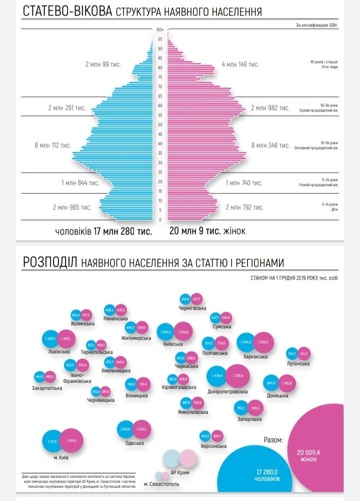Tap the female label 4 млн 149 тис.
pyautogui.click(x=240, y=64)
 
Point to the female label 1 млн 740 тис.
pyautogui.click(x=244, y=183)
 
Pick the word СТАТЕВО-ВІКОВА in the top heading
pyautogui.click(x=67, y=11)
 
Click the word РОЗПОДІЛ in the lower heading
pyautogui.click(x=49, y=263)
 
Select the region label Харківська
pyautogui.click(x=255, y=356)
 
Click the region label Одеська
pyautogui.click(x=134, y=442)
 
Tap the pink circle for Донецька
pyautogui.click(x=287, y=383)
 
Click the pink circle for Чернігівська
pyautogui.click(x=196, y=299)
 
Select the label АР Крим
pyautogui.click(x=180, y=472)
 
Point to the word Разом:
pyautogui.click(x=273, y=440)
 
